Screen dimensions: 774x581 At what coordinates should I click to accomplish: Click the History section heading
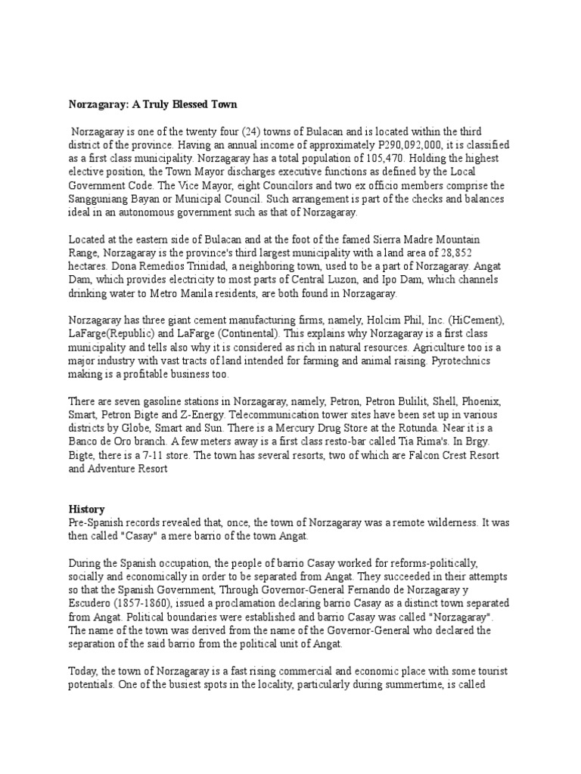(87, 509)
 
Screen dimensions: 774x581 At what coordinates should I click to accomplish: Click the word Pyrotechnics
(460, 361)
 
